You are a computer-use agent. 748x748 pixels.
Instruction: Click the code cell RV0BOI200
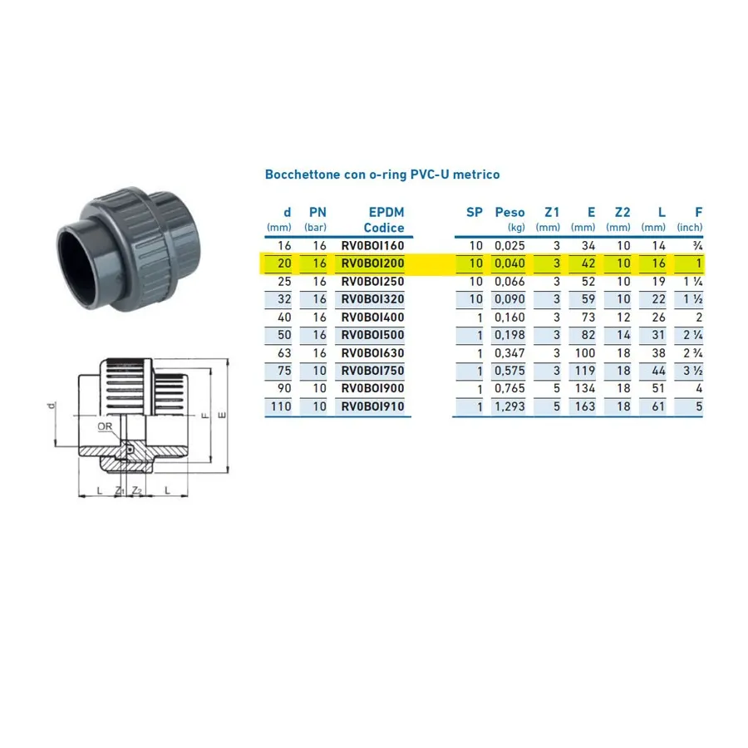coord(372,263)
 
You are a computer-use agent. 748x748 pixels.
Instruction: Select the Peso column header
coord(509,212)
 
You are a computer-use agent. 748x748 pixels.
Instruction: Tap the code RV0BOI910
coord(372,406)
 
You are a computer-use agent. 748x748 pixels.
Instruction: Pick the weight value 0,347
coord(509,353)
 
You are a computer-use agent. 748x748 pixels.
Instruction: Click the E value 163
coord(585,406)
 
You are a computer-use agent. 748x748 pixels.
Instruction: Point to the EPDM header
coord(386,212)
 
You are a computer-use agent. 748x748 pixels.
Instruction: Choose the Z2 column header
coord(623,212)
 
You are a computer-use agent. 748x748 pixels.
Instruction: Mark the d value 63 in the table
coord(284,353)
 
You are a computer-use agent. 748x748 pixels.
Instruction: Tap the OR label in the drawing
coord(105,426)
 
